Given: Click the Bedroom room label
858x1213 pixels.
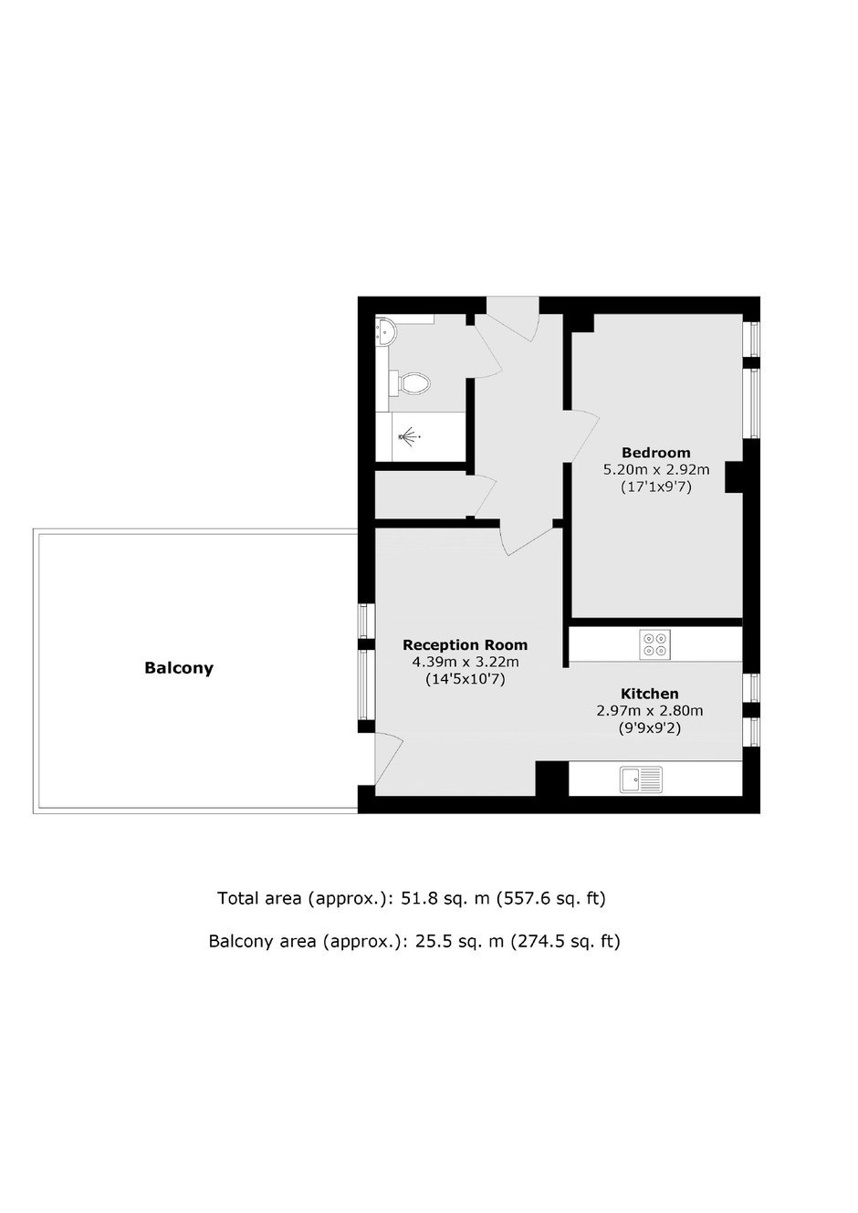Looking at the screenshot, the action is pyautogui.click(x=656, y=452).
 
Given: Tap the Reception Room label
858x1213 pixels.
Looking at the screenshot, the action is pyautogui.click(x=465, y=645).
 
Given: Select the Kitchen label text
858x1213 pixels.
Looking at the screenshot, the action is pyautogui.click(x=650, y=694).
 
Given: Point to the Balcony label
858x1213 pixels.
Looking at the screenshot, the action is pyautogui.click(x=179, y=668).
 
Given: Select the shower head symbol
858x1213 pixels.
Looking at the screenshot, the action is pyautogui.click(x=409, y=435).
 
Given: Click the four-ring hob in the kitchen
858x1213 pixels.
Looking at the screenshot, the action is pyautogui.click(x=654, y=644).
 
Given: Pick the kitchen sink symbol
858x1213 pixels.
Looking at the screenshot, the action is pyautogui.click(x=641, y=779).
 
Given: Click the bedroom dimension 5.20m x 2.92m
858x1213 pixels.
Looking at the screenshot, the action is pyautogui.click(x=656, y=469).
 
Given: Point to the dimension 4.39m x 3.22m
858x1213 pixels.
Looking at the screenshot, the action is pyautogui.click(x=466, y=662).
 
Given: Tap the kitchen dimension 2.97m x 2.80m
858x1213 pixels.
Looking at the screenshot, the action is pyautogui.click(x=650, y=710).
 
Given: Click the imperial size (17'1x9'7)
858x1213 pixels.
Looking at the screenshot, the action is pyautogui.click(x=656, y=486).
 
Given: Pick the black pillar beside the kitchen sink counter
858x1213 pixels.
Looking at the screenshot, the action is pyautogui.click(x=551, y=779).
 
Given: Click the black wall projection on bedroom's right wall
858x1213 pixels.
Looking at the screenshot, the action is pyautogui.click(x=734, y=477).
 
